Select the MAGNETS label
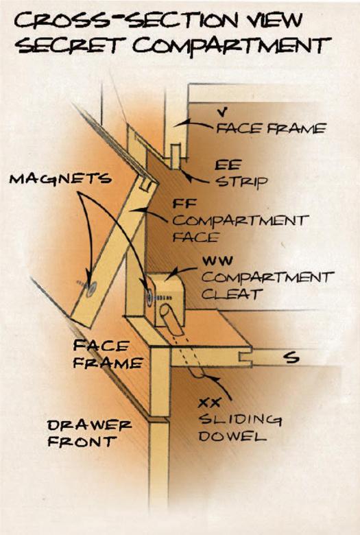click(x=60, y=178)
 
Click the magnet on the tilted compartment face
click(x=91, y=289)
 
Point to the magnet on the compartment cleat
click(x=149, y=296)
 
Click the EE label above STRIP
click(x=228, y=165)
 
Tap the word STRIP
click(x=242, y=182)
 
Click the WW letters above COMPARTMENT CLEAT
click(x=217, y=261)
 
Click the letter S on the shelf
click(x=291, y=358)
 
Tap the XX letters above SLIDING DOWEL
click(x=209, y=403)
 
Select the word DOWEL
click(x=232, y=436)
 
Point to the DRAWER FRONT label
click(x=89, y=433)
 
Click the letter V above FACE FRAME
click(x=222, y=112)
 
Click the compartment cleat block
click(x=165, y=298)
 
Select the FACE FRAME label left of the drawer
click(x=108, y=355)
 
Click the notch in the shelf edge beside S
click(x=245, y=357)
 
